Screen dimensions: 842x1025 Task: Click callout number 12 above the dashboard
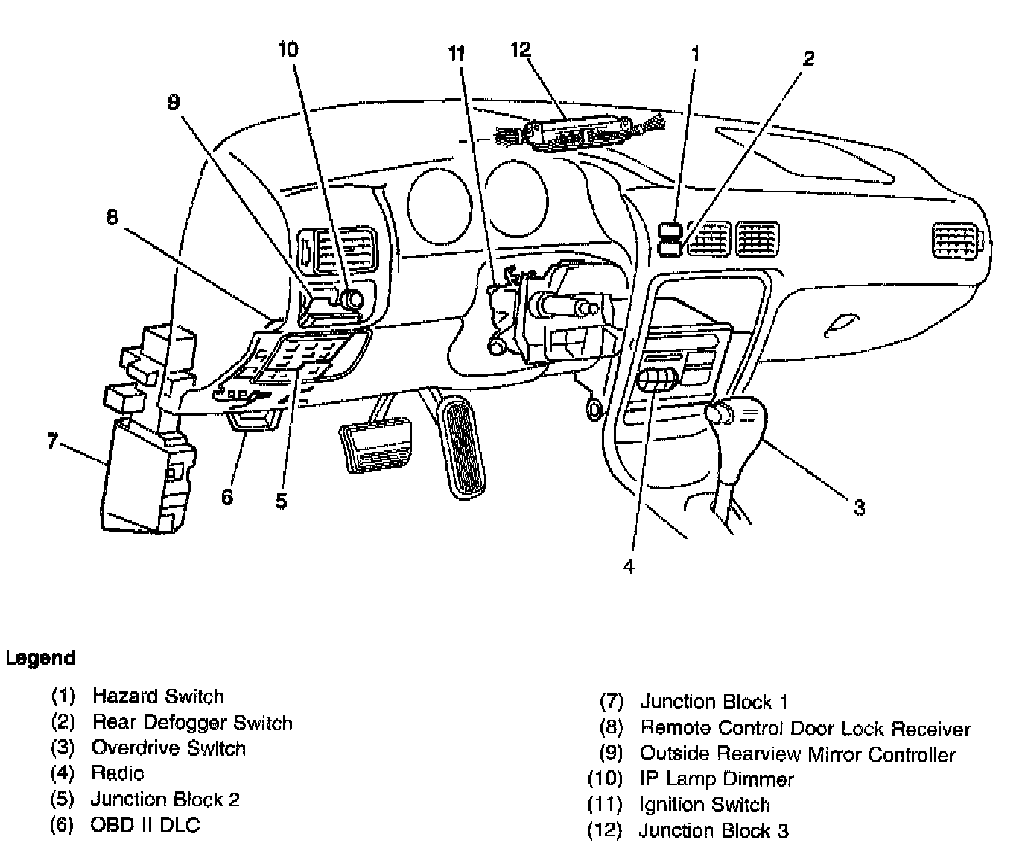(x=520, y=49)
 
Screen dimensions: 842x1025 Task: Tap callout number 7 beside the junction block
(x=51, y=441)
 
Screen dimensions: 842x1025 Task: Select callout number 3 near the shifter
(x=859, y=508)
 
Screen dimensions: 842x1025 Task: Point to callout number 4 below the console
(x=629, y=566)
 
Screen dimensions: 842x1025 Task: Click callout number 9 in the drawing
(x=174, y=102)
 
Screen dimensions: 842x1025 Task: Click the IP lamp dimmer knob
(x=351, y=299)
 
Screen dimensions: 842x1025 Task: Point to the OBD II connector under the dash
(x=253, y=422)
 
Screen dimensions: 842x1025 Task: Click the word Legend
(x=40, y=658)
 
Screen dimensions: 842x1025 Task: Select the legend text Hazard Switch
(x=158, y=697)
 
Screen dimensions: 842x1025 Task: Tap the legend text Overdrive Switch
(x=168, y=748)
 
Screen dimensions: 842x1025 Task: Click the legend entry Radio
(x=118, y=773)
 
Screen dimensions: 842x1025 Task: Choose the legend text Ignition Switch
(x=705, y=805)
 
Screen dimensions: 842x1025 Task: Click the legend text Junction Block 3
(x=714, y=830)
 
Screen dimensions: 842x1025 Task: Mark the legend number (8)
(x=611, y=728)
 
